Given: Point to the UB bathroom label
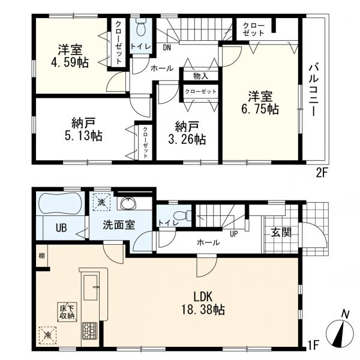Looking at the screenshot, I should click(x=61, y=228).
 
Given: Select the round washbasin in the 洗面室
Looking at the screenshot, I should click(x=127, y=204).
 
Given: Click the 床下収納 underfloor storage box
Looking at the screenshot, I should click(x=66, y=311).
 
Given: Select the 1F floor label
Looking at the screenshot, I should click(x=313, y=344).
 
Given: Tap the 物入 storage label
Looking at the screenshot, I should click(x=201, y=76).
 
